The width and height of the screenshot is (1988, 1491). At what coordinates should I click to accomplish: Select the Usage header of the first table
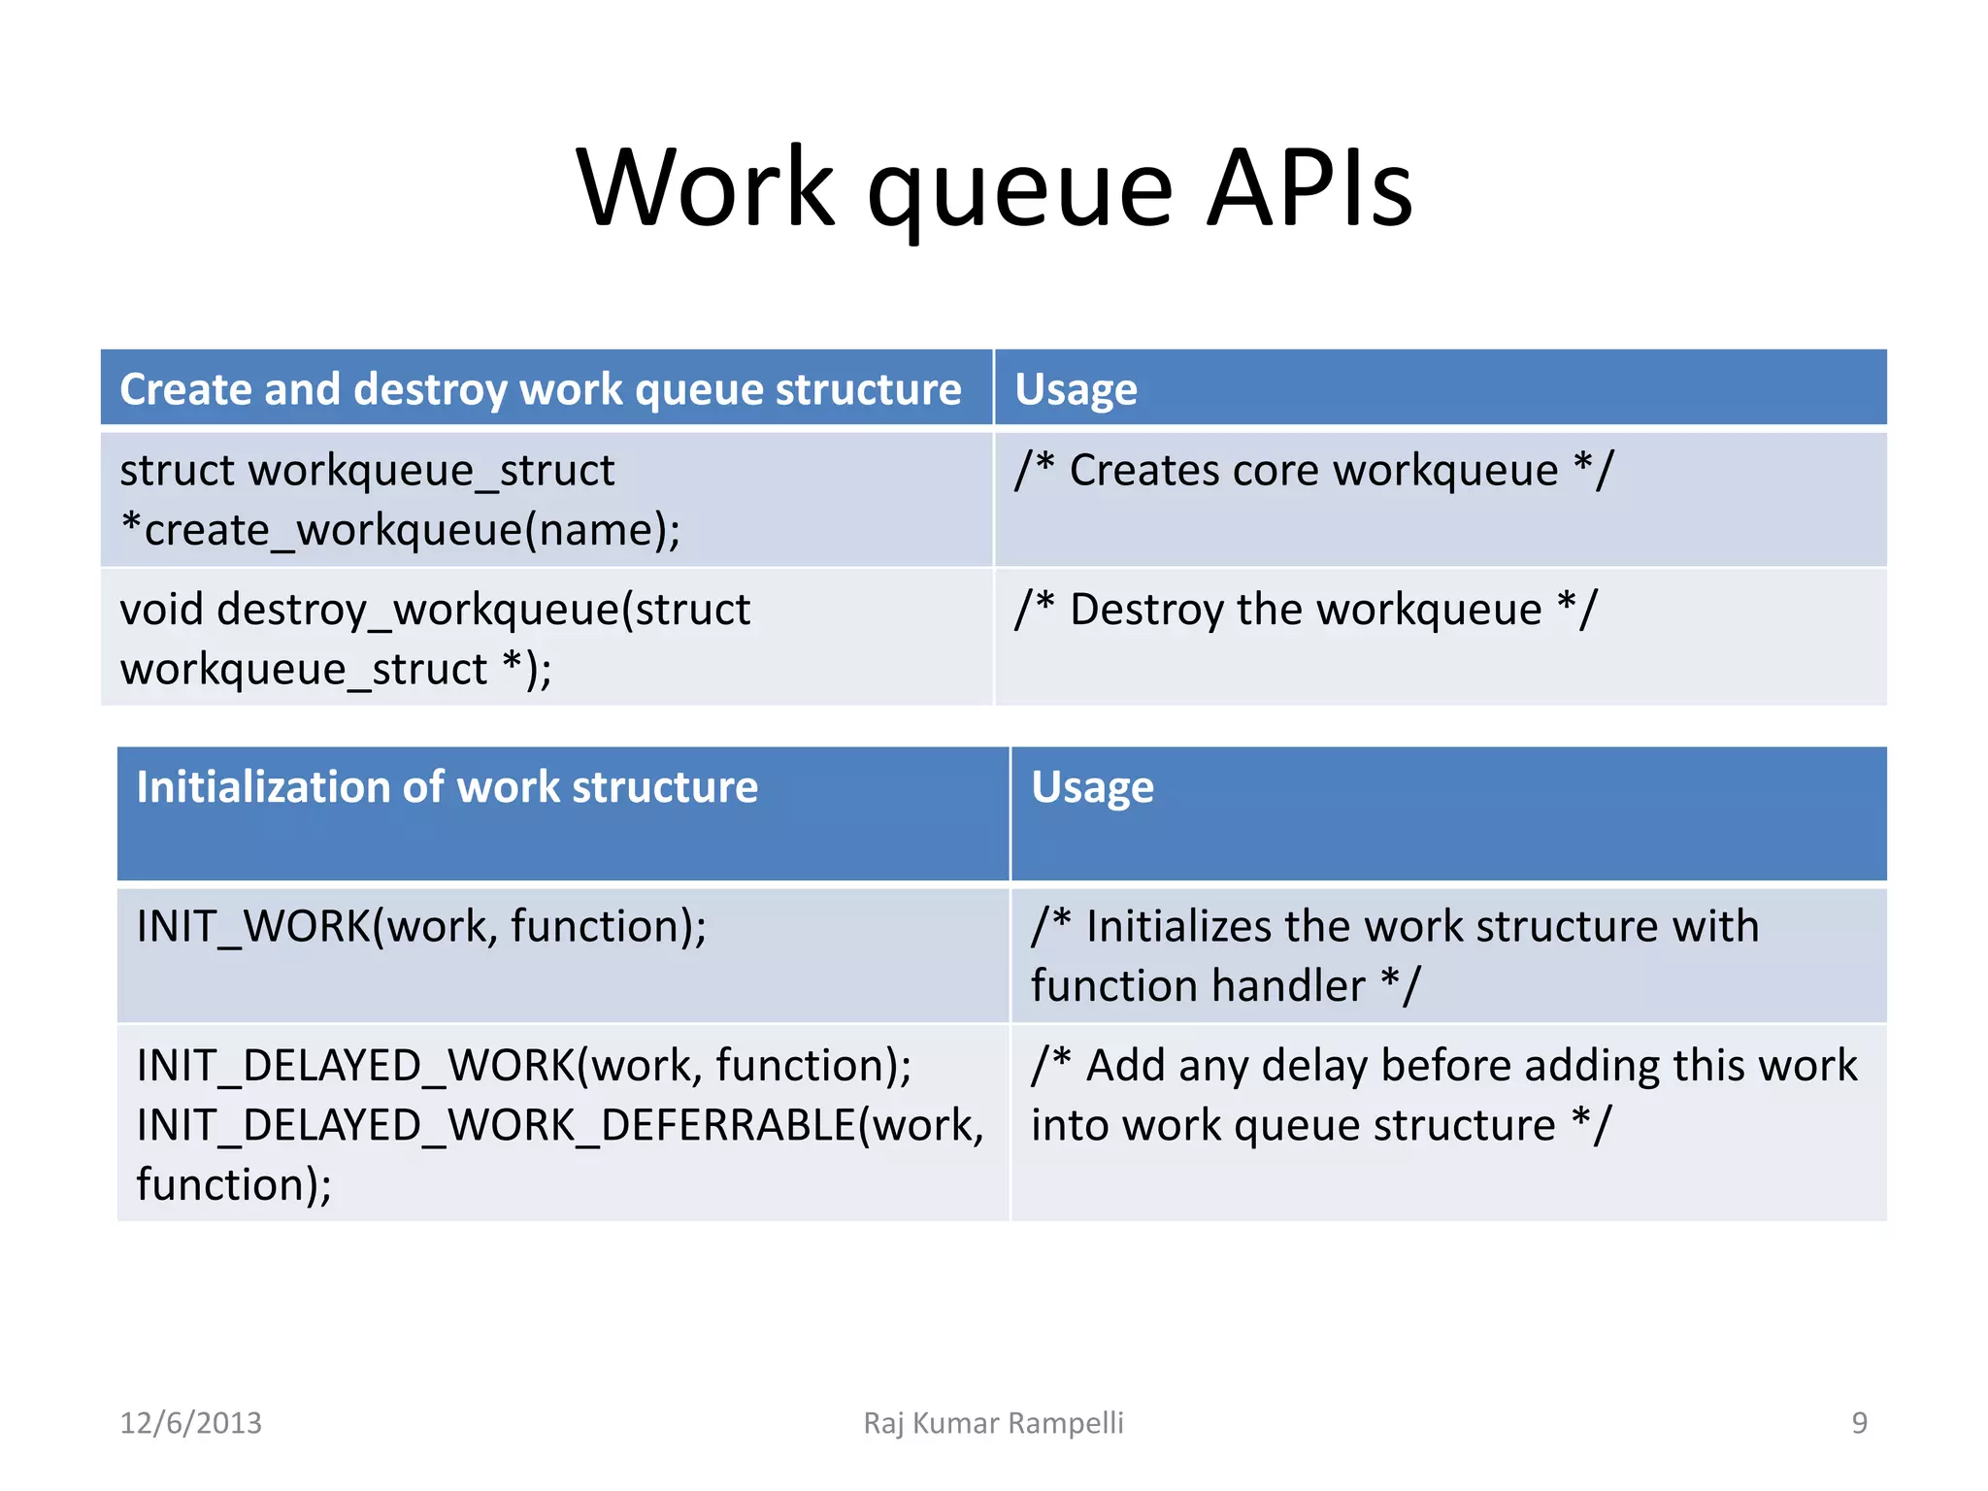coord(1076,390)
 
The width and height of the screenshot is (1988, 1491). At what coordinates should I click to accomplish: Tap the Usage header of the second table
coord(1092,787)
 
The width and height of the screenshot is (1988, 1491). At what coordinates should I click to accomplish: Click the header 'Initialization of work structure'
coord(447,787)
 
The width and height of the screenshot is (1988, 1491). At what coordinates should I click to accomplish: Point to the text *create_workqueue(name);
coord(400,531)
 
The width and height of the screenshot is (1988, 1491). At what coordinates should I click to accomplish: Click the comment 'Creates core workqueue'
coord(1312,471)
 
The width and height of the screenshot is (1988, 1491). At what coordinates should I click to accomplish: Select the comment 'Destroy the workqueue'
coord(1305,611)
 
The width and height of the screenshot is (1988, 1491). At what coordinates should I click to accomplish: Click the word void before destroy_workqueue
coord(161,611)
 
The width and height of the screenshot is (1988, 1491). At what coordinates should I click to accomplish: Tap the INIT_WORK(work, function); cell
coord(421,926)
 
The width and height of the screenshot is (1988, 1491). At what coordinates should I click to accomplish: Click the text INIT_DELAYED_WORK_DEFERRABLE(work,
coord(560,1126)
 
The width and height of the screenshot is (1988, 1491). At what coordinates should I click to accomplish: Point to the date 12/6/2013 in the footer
coord(190,1423)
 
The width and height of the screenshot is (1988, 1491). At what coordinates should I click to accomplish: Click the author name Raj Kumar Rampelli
coord(993,1423)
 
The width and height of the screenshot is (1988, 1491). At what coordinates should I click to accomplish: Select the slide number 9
coord(1859,1423)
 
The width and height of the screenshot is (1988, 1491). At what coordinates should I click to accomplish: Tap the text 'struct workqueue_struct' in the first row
coord(367,471)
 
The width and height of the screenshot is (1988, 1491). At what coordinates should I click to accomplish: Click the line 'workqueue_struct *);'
coord(336,670)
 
